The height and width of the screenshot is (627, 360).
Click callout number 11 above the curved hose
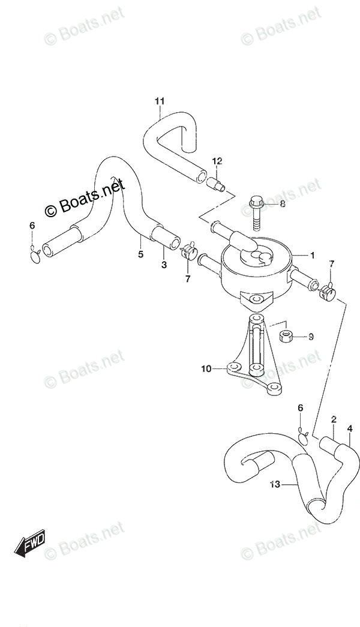point(159,100)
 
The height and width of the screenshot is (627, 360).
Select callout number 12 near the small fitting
point(217,161)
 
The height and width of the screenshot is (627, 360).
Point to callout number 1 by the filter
point(312,255)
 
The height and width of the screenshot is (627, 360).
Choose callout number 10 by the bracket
point(206,369)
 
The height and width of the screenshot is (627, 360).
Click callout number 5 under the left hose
point(140,254)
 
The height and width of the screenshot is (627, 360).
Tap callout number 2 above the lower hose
point(334,419)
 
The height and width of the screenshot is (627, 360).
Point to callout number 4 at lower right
point(350,428)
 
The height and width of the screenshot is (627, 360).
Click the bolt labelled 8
point(256,216)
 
